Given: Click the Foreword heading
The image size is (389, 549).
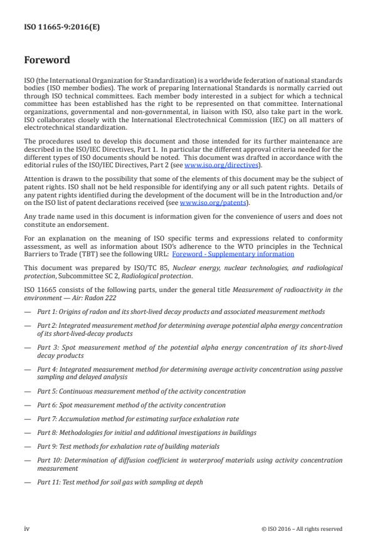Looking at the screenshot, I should pyautogui.click(x=47, y=61).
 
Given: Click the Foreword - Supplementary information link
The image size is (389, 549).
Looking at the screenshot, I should pyautogui.click(x=233, y=254).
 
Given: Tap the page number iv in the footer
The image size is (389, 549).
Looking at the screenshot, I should pyautogui.click(x=27, y=528).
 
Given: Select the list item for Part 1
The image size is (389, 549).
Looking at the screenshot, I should pyautogui.click(x=181, y=311).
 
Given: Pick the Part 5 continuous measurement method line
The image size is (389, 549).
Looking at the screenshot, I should pyautogui.click(x=141, y=391).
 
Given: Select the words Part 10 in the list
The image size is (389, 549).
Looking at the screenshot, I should pyautogui.click(x=50, y=460).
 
